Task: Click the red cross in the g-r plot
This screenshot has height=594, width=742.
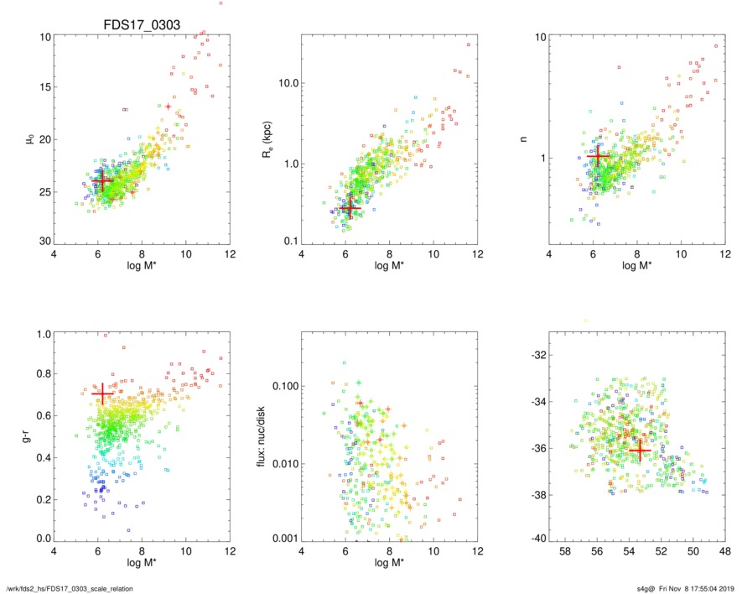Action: click(102, 393)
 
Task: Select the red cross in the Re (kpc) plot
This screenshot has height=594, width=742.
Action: click(349, 207)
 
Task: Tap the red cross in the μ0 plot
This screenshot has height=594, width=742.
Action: click(102, 180)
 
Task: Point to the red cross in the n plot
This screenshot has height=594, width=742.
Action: click(598, 157)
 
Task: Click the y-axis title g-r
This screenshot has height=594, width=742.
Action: click(31, 435)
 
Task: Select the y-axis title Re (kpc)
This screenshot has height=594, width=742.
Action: click(280, 138)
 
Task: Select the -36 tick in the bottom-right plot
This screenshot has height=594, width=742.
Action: click(538, 449)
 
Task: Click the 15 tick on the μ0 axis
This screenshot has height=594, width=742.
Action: click(46, 87)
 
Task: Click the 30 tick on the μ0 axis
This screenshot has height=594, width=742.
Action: click(46, 242)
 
